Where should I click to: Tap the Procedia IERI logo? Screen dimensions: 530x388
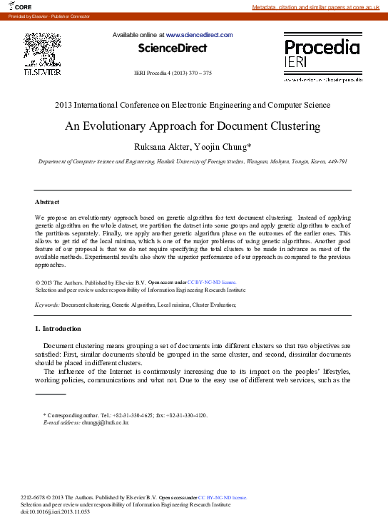pos(322,54)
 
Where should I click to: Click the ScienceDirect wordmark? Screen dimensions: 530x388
pos(173,49)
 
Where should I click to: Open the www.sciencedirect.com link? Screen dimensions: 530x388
pos(199,34)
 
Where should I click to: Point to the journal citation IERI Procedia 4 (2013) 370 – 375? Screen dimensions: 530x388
pos(173,73)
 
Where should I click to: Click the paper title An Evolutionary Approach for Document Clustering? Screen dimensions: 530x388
pos(193,126)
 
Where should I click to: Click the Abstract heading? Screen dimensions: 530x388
pos(47,202)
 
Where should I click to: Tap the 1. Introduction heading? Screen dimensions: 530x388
pos(58,329)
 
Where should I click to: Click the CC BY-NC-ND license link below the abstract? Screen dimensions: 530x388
pos(216,282)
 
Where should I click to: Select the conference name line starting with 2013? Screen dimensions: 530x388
pos(193,105)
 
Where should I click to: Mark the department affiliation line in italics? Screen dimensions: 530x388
pos(193,163)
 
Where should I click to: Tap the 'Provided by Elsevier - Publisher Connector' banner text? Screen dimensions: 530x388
pos(46,16)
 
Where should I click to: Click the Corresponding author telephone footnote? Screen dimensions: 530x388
pos(126,414)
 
